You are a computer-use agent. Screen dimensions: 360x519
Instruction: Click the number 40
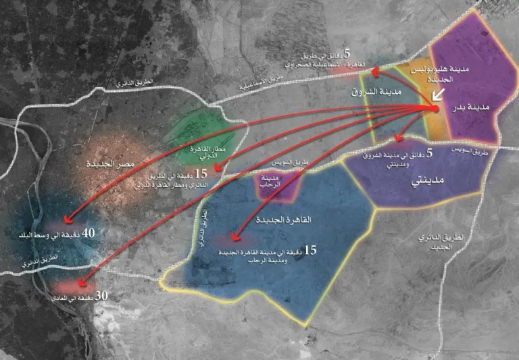click(89, 232)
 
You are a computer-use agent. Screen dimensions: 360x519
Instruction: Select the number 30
click(101, 295)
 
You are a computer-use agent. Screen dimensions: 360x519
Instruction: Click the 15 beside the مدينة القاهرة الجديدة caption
click(310, 250)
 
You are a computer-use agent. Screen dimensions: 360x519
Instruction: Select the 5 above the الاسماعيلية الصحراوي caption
click(347, 53)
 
